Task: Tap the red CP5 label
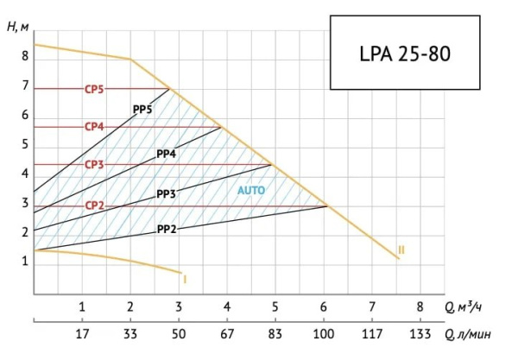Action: point(94,88)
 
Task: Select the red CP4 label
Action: point(94,126)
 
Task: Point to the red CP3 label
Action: point(94,164)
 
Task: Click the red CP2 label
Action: point(94,205)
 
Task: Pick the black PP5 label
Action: point(142,110)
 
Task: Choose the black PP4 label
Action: point(167,154)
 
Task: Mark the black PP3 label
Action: point(167,194)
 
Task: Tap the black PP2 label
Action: point(167,230)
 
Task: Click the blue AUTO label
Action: point(250,189)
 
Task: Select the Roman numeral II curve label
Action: point(401,250)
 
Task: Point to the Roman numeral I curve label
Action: point(186,278)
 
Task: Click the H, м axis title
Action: point(18,25)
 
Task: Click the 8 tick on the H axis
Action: point(25,55)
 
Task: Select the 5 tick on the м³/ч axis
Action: point(275,306)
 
